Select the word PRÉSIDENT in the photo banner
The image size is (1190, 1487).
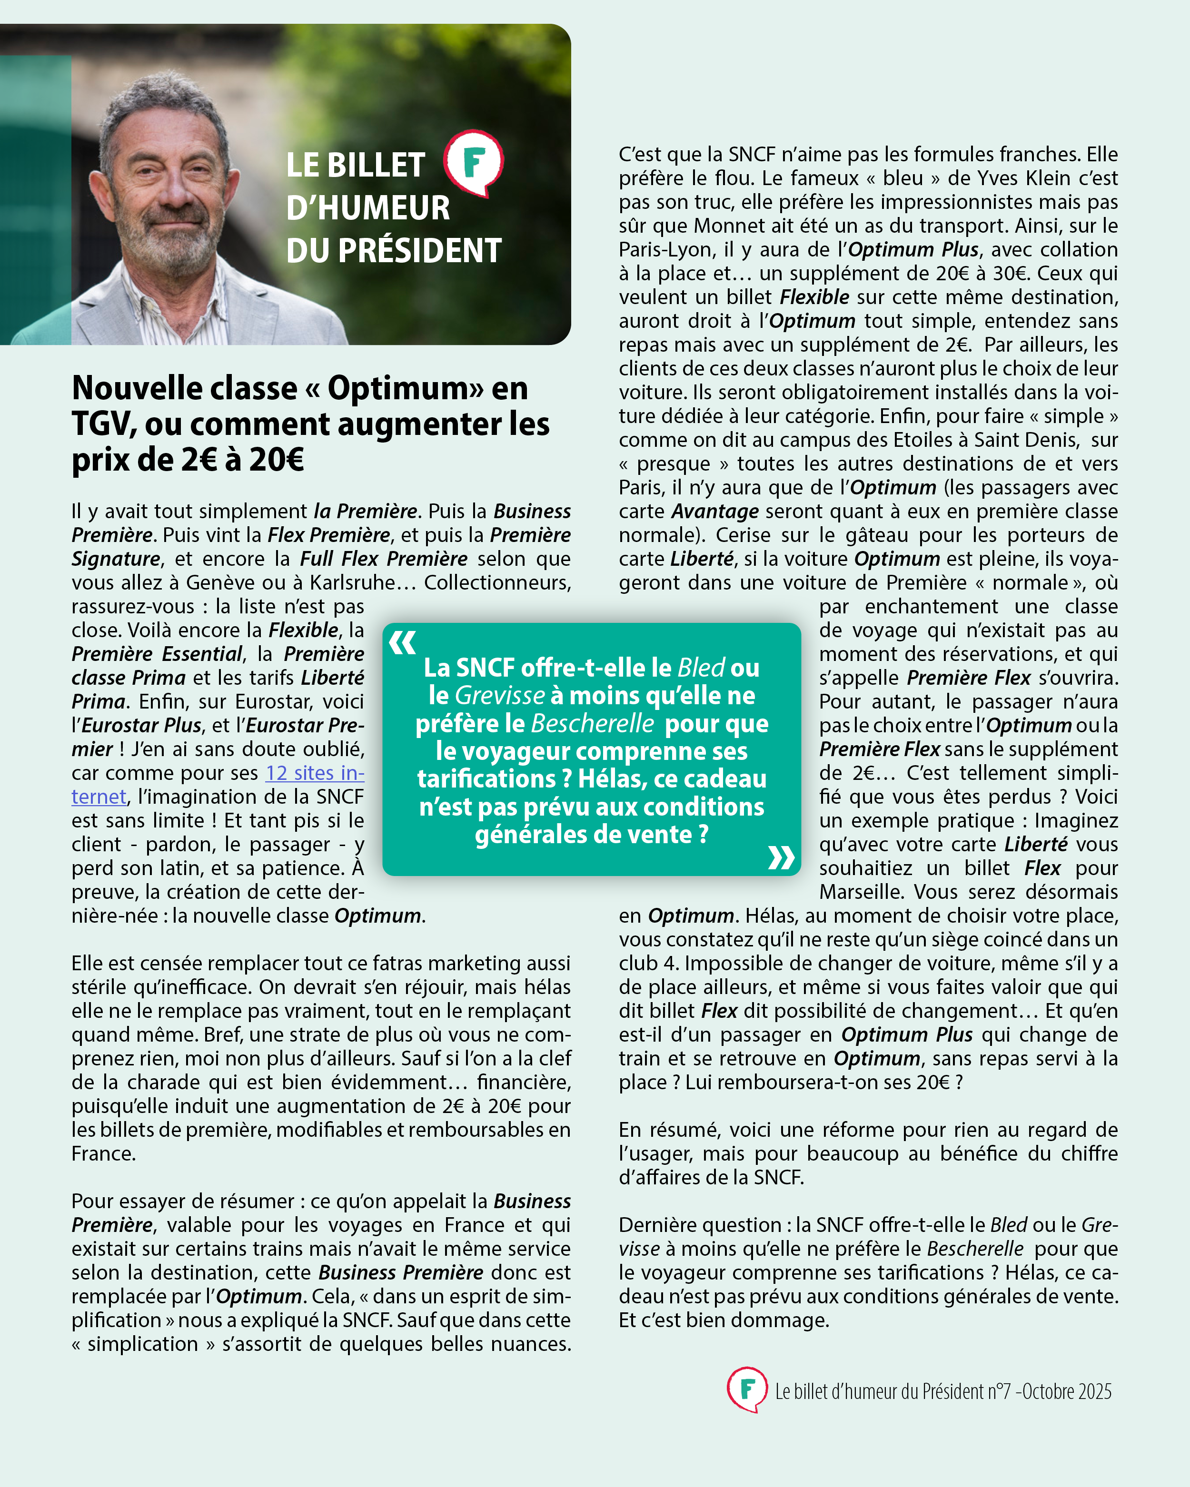(420, 250)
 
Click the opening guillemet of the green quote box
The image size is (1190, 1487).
(403, 643)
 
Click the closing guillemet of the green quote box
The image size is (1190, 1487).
(781, 857)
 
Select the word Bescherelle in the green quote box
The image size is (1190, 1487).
(593, 723)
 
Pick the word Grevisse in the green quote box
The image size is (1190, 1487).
(500, 695)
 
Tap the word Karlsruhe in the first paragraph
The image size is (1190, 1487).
(353, 583)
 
